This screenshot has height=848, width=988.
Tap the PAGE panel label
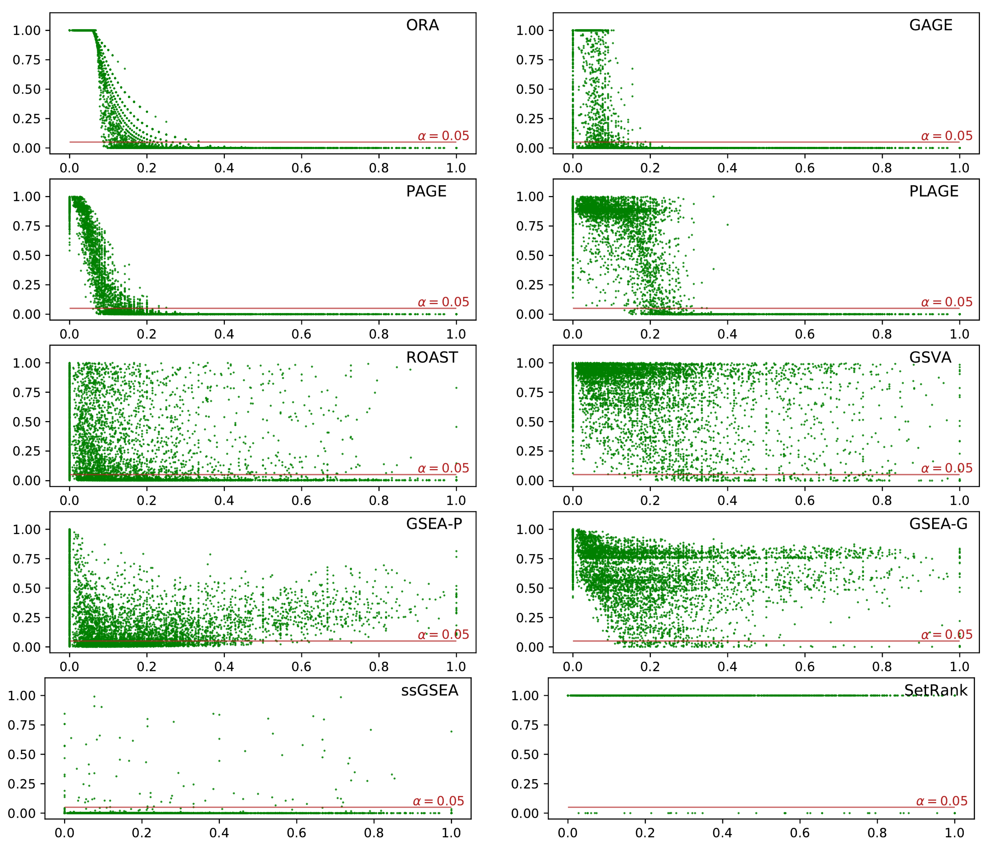426,191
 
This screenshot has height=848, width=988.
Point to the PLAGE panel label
933,191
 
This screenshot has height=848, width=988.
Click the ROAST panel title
432,358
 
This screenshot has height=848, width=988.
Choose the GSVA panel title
930,358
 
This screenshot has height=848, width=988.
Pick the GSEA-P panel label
434,524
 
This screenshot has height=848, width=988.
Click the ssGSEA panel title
429,691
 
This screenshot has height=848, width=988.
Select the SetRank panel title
935,691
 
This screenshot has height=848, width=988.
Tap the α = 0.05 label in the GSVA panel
946,468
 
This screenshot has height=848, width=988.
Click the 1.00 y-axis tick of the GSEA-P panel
27,529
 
